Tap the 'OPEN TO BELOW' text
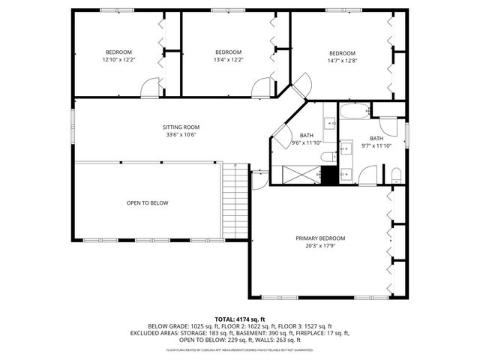point(147,202)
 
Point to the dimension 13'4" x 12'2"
point(228,59)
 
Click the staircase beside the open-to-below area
point(235,202)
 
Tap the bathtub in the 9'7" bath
point(352,113)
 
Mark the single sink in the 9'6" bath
point(330,123)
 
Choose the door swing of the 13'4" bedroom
point(263,86)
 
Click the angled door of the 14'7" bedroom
point(301,84)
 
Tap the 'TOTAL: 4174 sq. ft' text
point(240,319)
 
